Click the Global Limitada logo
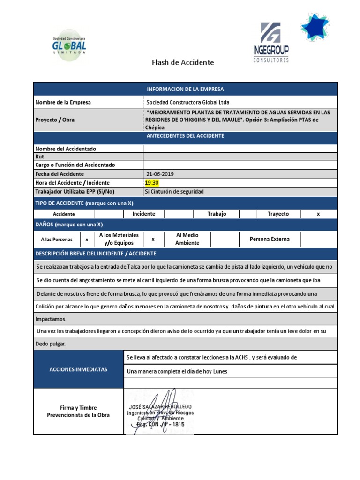(69, 45)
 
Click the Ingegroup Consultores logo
(271, 43)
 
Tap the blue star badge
(315, 27)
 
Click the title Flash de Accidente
(183, 62)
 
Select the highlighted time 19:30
(152, 183)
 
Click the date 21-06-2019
(160, 174)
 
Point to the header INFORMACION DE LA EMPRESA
(185, 89)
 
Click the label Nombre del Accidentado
(66, 149)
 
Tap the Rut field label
(39, 157)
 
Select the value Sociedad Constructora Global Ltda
(188, 102)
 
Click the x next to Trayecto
(318, 214)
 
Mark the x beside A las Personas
(87, 239)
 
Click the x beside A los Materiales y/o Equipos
(153, 239)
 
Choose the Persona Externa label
(270, 239)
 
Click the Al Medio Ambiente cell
(187, 239)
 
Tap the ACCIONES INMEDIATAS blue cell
(78, 369)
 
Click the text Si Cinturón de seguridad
(175, 192)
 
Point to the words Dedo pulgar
(51, 344)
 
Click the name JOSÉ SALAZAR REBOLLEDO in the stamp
(159, 406)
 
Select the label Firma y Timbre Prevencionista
(78, 412)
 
